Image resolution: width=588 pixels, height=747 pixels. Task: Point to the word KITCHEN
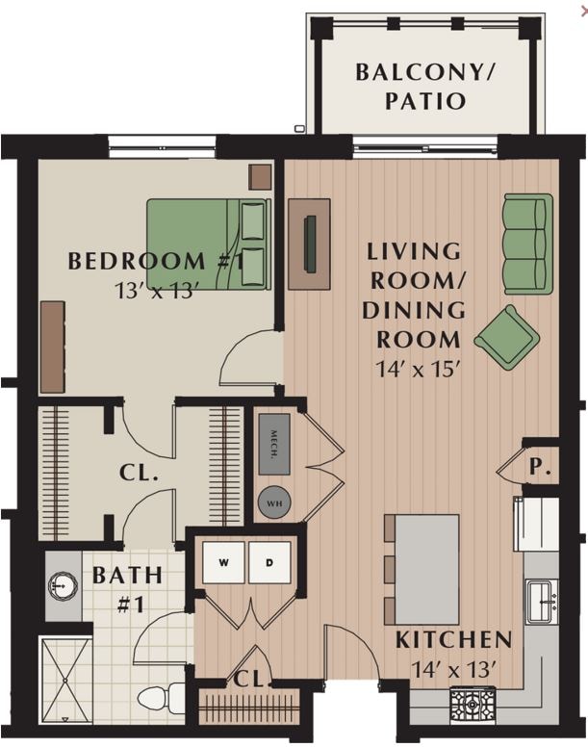point(453,639)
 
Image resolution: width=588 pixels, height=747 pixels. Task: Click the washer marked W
point(222,561)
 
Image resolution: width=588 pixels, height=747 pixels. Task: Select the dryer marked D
point(269,561)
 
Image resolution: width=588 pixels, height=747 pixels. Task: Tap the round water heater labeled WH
point(273,502)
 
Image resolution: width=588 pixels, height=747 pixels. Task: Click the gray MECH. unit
point(274,448)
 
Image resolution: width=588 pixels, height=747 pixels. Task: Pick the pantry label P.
point(541,468)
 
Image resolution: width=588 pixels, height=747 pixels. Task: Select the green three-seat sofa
point(528,244)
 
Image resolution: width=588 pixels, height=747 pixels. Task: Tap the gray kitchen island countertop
point(428,569)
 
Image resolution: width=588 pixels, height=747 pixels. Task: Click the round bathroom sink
point(64,583)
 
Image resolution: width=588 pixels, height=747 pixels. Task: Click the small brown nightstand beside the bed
point(260,176)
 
